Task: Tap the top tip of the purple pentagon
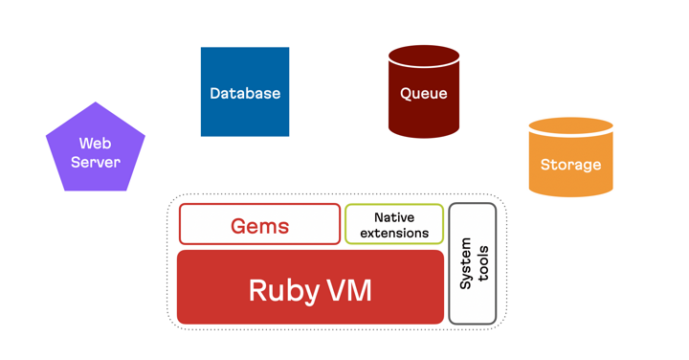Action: click(x=96, y=103)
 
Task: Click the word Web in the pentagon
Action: click(x=96, y=144)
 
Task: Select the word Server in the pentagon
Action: click(x=96, y=162)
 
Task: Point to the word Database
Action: click(x=245, y=93)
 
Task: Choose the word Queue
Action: click(x=424, y=94)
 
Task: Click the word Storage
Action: click(x=570, y=165)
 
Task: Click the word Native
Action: click(x=394, y=217)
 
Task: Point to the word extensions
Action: click(x=394, y=233)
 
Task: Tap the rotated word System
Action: click(x=466, y=264)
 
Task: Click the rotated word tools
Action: click(x=482, y=262)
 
